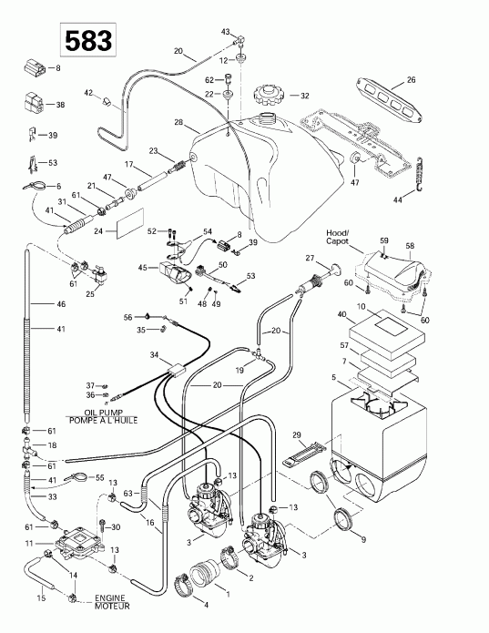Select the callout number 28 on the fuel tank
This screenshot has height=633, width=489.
(x=178, y=122)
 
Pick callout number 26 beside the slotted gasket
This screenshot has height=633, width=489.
(x=411, y=80)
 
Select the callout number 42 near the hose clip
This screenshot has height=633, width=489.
(x=90, y=93)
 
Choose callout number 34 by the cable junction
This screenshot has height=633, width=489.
(x=154, y=354)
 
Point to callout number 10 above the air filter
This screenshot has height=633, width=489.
(x=361, y=308)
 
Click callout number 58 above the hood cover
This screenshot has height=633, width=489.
(x=410, y=247)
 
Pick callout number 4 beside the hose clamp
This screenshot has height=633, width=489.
(x=178, y=606)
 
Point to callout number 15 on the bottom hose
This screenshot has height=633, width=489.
(x=40, y=597)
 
